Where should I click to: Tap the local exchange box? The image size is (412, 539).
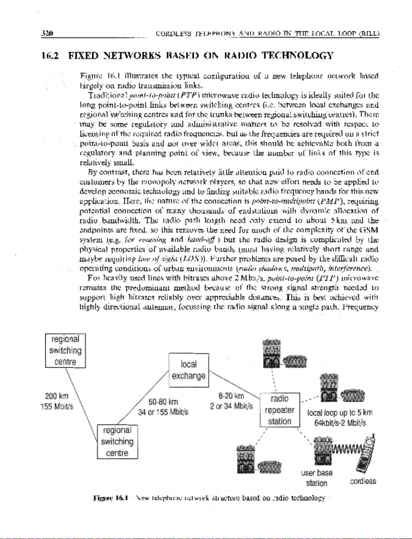[x=189, y=370]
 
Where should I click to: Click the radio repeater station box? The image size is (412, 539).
[x=280, y=410]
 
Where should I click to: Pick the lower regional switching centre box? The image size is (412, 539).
[x=117, y=441]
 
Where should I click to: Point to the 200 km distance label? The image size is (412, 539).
[x=57, y=397]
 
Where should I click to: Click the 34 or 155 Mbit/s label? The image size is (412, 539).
[x=163, y=412]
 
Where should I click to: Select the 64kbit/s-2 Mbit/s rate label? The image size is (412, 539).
[x=340, y=423]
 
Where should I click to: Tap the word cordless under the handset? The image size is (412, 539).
[x=363, y=481]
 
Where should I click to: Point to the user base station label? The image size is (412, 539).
[x=317, y=478]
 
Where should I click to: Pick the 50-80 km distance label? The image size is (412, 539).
[x=163, y=402]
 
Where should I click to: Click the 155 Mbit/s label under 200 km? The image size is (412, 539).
[x=57, y=406]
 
